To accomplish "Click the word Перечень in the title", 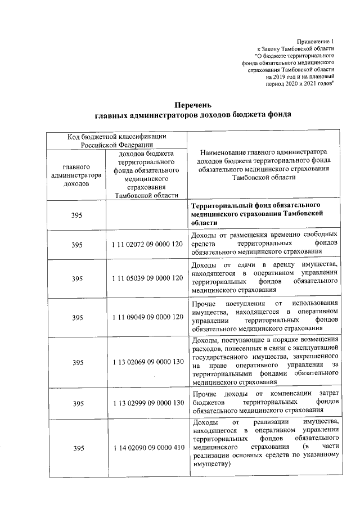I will coord(192,105).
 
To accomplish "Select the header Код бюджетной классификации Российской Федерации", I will coord(116,141).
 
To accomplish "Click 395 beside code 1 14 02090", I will coord(77,448).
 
